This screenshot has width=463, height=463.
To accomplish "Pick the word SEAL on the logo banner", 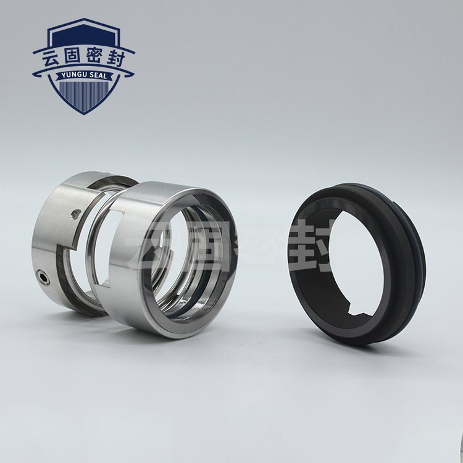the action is [98, 76].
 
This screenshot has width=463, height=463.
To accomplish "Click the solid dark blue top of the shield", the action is [84, 35].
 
